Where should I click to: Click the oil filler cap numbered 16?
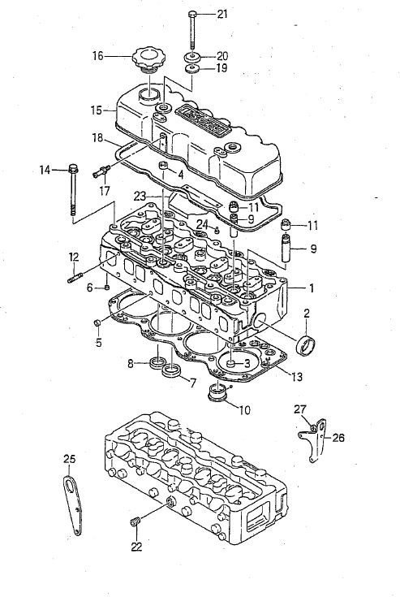(x=146, y=60)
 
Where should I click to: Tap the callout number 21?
(x=222, y=14)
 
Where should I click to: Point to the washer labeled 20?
(x=192, y=58)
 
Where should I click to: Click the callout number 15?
(x=97, y=110)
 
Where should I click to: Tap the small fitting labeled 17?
(x=101, y=171)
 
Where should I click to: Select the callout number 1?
(x=312, y=288)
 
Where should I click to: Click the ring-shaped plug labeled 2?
(x=306, y=345)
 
